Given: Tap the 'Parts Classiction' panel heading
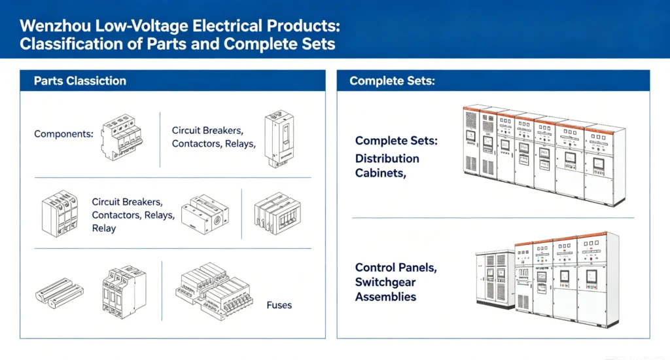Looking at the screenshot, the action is click(80, 81).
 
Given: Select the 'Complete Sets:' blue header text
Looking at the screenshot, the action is click(392, 81).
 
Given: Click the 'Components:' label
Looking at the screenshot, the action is click(63, 134).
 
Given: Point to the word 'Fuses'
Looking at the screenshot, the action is click(279, 305).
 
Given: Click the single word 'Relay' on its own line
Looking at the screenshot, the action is click(104, 228).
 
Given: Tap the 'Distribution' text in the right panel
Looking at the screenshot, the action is click(387, 158).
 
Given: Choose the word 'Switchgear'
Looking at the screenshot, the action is click(385, 282).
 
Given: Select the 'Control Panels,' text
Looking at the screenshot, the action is click(396, 268).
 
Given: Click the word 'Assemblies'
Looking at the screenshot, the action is click(385, 297).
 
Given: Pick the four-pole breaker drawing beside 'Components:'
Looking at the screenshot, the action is click(122, 137).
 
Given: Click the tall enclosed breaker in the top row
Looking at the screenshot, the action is click(279, 139).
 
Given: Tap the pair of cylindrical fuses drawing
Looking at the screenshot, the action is click(60, 293).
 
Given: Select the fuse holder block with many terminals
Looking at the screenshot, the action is click(213, 291).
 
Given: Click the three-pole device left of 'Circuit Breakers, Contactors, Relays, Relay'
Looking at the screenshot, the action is click(60, 213).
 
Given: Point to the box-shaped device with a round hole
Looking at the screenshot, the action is click(205, 214).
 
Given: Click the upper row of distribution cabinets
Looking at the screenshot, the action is click(544, 154).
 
